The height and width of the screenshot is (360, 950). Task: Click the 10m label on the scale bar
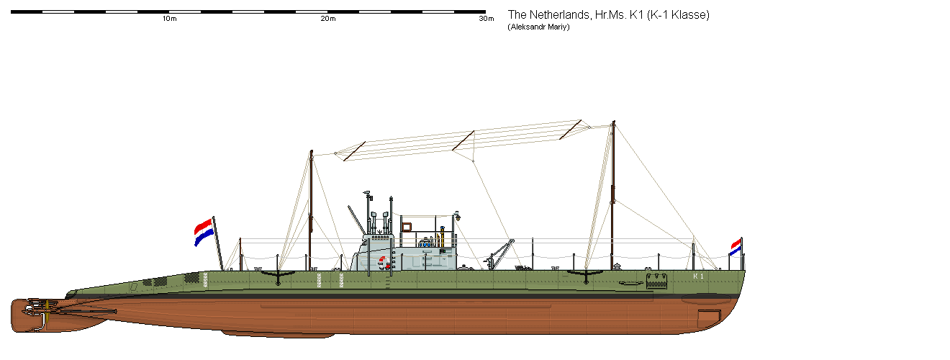[170, 19]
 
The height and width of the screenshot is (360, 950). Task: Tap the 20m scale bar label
[328, 19]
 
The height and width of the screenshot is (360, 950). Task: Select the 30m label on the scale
[487, 19]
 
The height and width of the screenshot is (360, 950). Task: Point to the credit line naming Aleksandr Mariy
[544, 27]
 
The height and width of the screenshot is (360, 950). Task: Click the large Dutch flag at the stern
[204, 231]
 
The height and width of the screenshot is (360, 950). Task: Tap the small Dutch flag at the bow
[736, 247]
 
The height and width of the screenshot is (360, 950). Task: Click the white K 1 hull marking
[697, 276]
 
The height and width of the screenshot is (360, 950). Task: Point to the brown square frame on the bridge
[406, 227]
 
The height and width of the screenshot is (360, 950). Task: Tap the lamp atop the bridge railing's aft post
[457, 215]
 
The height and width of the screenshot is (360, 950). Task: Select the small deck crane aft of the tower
[499, 253]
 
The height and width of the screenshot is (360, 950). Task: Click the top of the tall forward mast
[613, 122]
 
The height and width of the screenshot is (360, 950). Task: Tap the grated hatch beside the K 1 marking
[657, 280]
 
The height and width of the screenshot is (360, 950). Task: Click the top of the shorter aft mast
[311, 152]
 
